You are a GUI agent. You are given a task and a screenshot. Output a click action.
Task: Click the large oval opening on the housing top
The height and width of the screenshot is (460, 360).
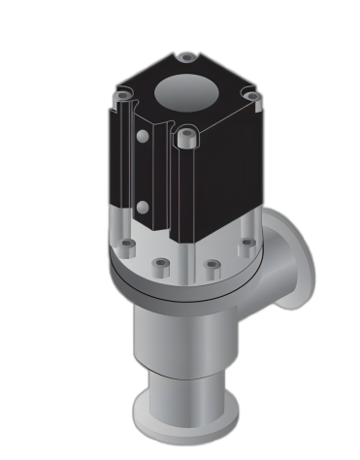click(186, 93)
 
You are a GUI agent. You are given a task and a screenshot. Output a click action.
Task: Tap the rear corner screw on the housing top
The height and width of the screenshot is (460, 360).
click(186, 58)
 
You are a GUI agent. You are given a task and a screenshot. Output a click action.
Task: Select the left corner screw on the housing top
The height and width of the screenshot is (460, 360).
click(123, 94)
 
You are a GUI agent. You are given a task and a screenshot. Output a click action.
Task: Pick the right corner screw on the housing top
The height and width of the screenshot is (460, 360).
click(251, 96)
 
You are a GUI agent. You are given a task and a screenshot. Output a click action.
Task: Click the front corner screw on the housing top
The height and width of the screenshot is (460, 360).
click(185, 137)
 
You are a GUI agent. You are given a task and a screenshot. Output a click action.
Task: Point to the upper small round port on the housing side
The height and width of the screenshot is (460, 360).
click(143, 137)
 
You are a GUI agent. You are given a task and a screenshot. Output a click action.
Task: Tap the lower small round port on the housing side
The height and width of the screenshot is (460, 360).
click(143, 207)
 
